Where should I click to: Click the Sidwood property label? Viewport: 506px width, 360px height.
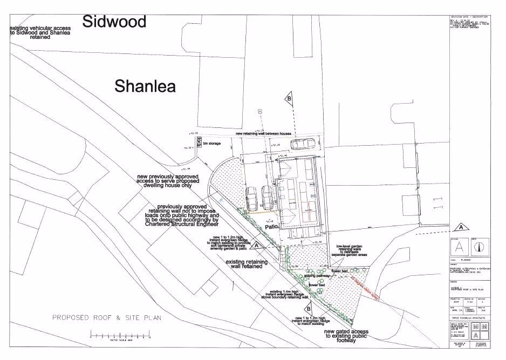point(114,22)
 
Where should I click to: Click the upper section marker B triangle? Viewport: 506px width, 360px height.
point(289,99)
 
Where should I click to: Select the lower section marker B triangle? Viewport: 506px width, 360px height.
point(308,308)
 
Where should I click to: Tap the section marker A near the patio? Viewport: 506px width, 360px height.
point(257,246)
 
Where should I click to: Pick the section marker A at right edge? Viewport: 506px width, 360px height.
point(460,226)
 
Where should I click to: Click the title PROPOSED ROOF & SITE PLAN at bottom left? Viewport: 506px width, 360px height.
point(107,317)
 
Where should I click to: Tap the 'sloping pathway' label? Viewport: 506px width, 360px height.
point(317,275)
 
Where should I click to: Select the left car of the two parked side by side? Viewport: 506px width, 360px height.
point(251,199)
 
